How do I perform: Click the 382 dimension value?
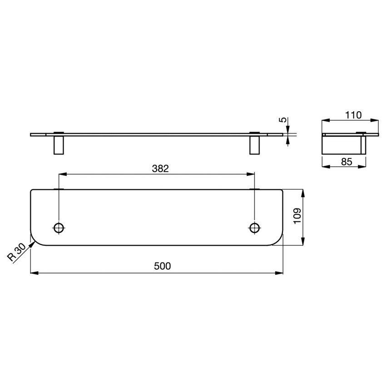[160, 168]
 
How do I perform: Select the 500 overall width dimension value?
[162, 267]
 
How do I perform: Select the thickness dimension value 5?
[282, 120]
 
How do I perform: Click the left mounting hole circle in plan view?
[59, 228]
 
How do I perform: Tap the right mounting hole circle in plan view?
[255, 228]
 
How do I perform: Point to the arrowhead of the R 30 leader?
[33, 243]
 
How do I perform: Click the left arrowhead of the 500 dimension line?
[33, 273]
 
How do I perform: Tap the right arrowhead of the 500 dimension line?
[280, 273]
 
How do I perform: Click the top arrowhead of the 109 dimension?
[303, 192]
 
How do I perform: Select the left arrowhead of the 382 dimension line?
[62, 174]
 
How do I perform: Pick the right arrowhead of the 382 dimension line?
[252, 174]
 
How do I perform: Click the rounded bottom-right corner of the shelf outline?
[277, 242]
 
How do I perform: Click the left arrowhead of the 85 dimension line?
[325, 167]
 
